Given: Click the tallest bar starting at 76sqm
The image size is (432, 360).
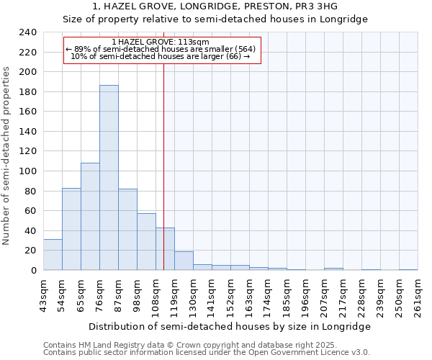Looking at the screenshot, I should (x=109, y=178).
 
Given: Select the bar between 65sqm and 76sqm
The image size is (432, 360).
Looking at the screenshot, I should (x=90, y=217).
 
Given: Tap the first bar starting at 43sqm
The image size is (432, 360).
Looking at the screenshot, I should (x=53, y=255).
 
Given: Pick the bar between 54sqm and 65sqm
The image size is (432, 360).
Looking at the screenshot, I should (x=71, y=229).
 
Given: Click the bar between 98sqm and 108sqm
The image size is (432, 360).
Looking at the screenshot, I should (x=146, y=242).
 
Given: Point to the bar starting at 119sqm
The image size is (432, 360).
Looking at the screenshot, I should (x=184, y=261).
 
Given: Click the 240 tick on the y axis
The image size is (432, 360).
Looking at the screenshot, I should (x=28, y=32).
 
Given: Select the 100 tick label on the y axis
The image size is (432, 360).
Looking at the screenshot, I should (x=28, y=171).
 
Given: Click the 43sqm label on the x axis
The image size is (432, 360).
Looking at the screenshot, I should (x=44, y=295).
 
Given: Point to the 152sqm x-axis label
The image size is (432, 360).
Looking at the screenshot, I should (x=231, y=295).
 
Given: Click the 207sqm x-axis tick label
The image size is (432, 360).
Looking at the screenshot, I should (x=325, y=295).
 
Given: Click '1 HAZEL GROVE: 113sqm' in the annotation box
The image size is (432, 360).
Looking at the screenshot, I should (x=161, y=42).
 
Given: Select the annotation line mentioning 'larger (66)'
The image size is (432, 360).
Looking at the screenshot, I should (x=161, y=56).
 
